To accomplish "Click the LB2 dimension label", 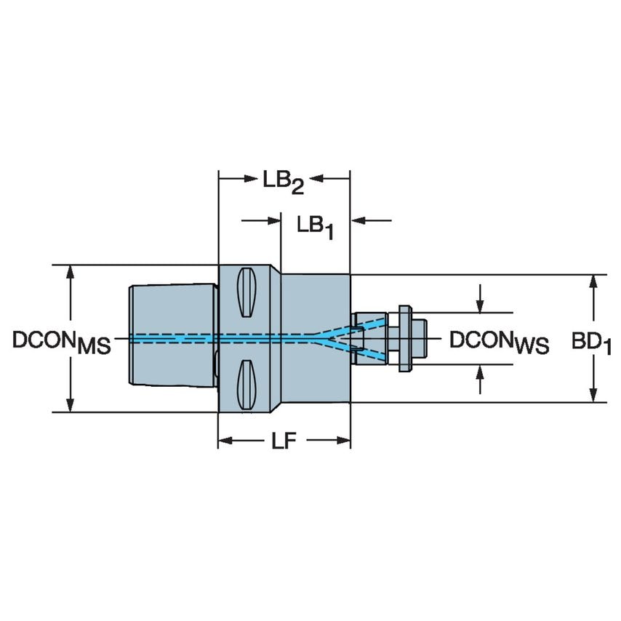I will pos(282,182).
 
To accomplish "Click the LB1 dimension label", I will pos(315,227).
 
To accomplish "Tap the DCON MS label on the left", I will pos(61,341).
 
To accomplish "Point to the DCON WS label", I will pos(499,341).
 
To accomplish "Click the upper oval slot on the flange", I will pos(247,292).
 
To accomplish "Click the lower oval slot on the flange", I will pos(247,385).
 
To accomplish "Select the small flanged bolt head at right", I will pos(404,338).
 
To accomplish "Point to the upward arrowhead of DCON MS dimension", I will pos(71,272).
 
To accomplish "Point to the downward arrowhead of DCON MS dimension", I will pos(71,405).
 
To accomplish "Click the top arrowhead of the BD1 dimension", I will pos(593,282).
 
